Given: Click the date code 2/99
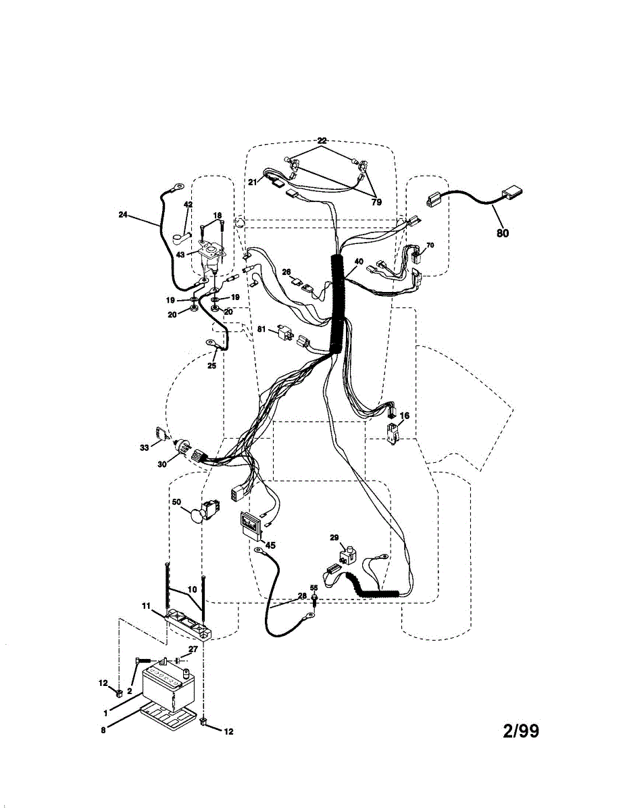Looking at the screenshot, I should pyautogui.click(x=521, y=731).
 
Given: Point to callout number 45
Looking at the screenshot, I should pyautogui.click(x=270, y=545).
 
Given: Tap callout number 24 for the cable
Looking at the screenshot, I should pyautogui.click(x=122, y=216).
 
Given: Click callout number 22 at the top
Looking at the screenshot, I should pyautogui.click(x=322, y=141).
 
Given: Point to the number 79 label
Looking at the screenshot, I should pyautogui.click(x=376, y=201).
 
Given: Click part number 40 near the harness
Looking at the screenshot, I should pyautogui.click(x=359, y=262).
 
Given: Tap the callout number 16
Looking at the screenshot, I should pyautogui.click(x=404, y=416).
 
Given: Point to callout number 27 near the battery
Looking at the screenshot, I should pyautogui.click(x=193, y=649).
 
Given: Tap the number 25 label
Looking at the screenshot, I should pyautogui.click(x=211, y=366).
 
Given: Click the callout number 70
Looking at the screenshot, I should pyautogui.click(x=430, y=245).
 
